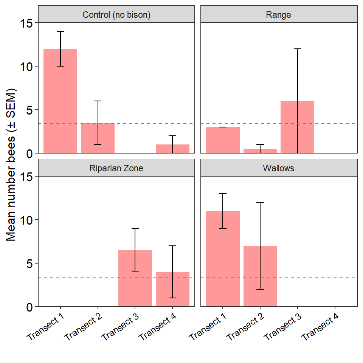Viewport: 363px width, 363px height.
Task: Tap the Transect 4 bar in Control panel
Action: pyautogui.click(x=172, y=149)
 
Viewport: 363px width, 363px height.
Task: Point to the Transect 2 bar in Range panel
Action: pyautogui.click(x=260, y=151)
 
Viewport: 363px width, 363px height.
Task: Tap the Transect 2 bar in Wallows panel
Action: pyautogui.click(x=260, y=276)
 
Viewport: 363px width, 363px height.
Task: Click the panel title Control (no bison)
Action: pyautogui.click(x=116, y=15)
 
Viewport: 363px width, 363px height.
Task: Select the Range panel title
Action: pyautogui.click(x=279, y=15)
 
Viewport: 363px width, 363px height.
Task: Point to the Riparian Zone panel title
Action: pyautogui.click(x=116, y=168)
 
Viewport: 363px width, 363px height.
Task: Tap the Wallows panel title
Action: pyautogui.click(x=279, y=168)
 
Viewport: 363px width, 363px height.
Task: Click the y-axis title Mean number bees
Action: pyautogui.click(x=11, y=164)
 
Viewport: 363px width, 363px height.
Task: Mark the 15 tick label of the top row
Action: pyautogui.click(x=26, y=23)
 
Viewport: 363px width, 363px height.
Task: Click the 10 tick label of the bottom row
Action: pyautogui.click(x=26, y=220)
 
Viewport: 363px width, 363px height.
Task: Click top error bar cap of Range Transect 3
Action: pyautogui.click(x=298, y=49)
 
